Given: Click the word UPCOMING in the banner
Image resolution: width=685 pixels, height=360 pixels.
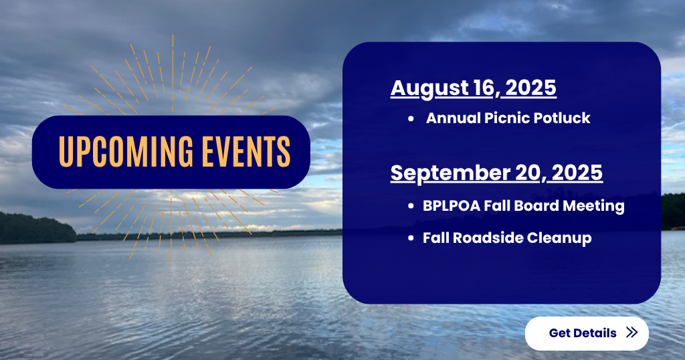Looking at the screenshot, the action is pos(126,152).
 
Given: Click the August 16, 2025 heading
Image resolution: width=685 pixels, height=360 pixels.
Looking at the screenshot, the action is pos(473,88).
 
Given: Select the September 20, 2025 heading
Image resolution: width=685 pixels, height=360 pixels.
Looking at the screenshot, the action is pos(496,173).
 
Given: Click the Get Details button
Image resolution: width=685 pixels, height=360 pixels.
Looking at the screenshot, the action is pos(587,333).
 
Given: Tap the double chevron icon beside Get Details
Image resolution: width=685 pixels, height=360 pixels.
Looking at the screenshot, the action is pos(631,333).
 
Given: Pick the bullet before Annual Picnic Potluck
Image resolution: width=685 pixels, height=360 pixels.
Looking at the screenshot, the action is pos(411,118).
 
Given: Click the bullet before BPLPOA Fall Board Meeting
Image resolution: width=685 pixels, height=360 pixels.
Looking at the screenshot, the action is pos(411,206).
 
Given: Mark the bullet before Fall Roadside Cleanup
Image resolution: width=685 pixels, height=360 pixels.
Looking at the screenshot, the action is pos(411,238).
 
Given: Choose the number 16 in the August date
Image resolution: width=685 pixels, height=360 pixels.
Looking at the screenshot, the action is pos(486,88).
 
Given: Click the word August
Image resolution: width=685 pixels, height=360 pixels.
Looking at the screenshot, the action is pos(430,89).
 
